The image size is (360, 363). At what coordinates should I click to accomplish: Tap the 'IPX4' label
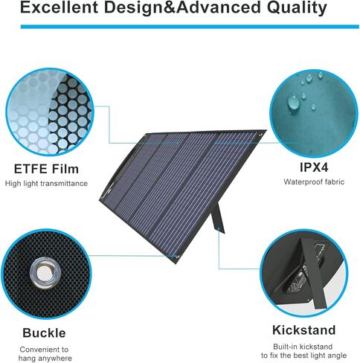pos(306,167)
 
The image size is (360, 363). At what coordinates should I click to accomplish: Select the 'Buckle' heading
pos(43,333)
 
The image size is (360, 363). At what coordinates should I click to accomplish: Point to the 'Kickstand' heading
pos(305,330)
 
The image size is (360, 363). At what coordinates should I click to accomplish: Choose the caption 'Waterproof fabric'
pos(306,181)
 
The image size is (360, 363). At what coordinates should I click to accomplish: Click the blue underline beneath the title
pos(179,27)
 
